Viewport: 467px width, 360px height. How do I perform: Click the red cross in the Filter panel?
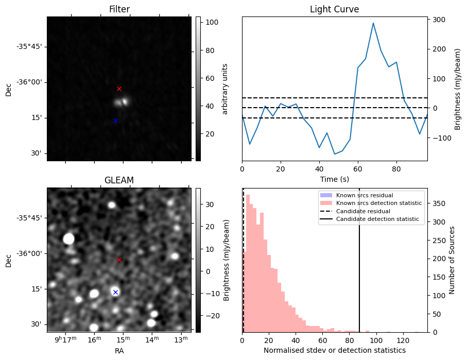[119, 89]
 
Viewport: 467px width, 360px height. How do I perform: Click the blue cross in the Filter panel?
[115, 121]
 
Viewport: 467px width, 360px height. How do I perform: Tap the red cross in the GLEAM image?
[119, 260]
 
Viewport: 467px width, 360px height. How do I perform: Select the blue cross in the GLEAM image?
[115, 292]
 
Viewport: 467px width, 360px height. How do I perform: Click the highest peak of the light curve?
[373, 23]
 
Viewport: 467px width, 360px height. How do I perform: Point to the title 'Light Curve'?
[334, 9]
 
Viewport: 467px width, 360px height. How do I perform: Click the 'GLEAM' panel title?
[119, 180]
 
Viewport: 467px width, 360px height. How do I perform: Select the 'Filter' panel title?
[119, 9]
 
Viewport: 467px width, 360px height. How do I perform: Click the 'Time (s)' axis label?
[334, 179]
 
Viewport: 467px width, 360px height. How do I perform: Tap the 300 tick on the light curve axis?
[439, 20]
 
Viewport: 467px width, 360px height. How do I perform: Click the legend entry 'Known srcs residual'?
[365, 195]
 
